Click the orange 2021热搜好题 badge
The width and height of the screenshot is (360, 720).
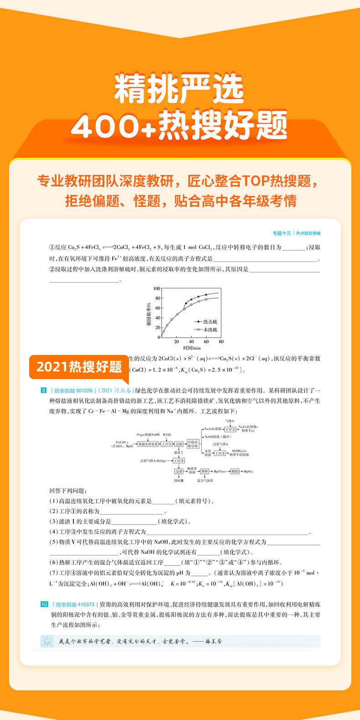(x=79, y=367)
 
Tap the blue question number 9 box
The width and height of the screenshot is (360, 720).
(x=44, y=391)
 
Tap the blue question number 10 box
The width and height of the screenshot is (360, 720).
(x=44, y=604)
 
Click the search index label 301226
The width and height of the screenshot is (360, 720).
(x=73, y=391)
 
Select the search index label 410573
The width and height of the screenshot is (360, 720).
(x=75, y=604)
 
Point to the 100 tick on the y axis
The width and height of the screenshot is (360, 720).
(x=157, y=288)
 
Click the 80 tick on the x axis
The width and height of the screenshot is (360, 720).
(x=221, y=341)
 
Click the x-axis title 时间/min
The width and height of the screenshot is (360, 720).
(x=192, y=348)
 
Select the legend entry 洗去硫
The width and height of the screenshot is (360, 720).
(x=210, y=322)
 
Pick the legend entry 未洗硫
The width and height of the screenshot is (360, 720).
(x=210, y=329)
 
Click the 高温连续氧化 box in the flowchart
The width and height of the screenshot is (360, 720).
(x=148, y=444)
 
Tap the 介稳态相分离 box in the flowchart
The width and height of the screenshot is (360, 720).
(x=193, y=444)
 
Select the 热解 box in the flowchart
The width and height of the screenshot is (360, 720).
(x=205, y=471)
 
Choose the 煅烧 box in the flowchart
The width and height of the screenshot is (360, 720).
(x=235, y=471)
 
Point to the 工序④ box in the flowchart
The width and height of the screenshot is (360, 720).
(x=220, y=453)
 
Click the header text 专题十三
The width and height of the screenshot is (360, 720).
(x=282, y=233)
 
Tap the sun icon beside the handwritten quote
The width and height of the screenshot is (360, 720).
(x=47, y=642)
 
